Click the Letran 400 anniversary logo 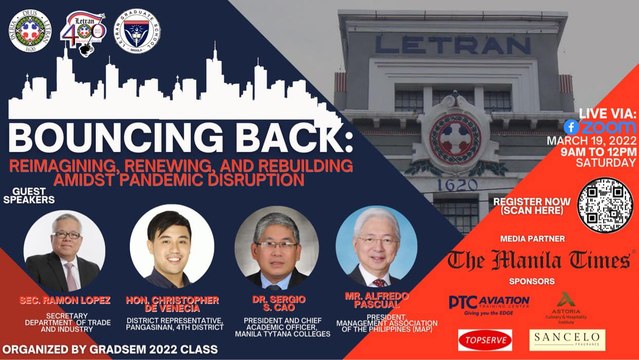87,30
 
